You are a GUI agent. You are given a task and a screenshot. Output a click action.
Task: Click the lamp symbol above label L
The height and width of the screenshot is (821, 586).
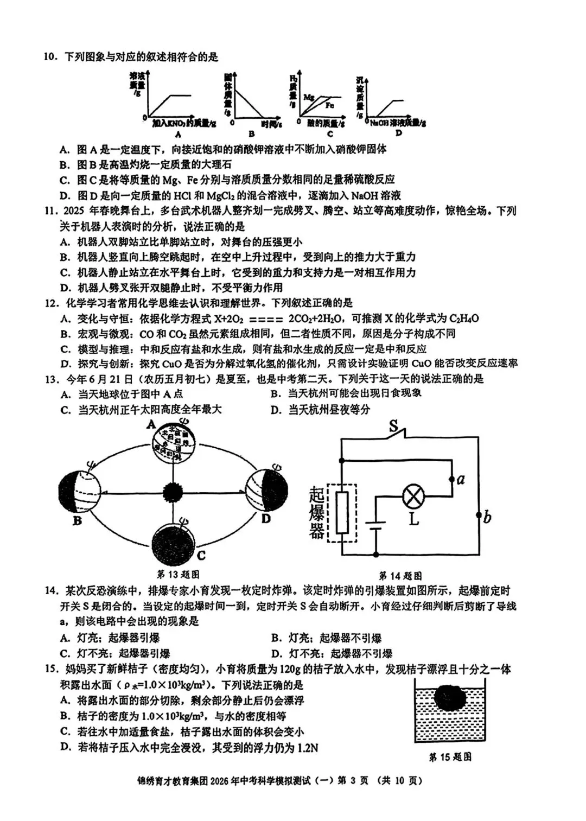click(x=414, y=495)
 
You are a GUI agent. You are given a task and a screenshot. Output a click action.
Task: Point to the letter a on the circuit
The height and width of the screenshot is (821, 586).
click(x=461, y=479)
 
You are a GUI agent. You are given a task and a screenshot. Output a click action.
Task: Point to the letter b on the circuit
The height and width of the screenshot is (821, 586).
click(x=487, y=517)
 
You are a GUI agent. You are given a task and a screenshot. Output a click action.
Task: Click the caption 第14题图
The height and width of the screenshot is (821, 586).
click(x=400, y=576)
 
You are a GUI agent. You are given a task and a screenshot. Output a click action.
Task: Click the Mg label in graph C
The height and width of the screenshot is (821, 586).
click(x=309, y=97)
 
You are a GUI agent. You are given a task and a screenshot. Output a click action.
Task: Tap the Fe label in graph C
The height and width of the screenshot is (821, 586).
click(x=329, y=105)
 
